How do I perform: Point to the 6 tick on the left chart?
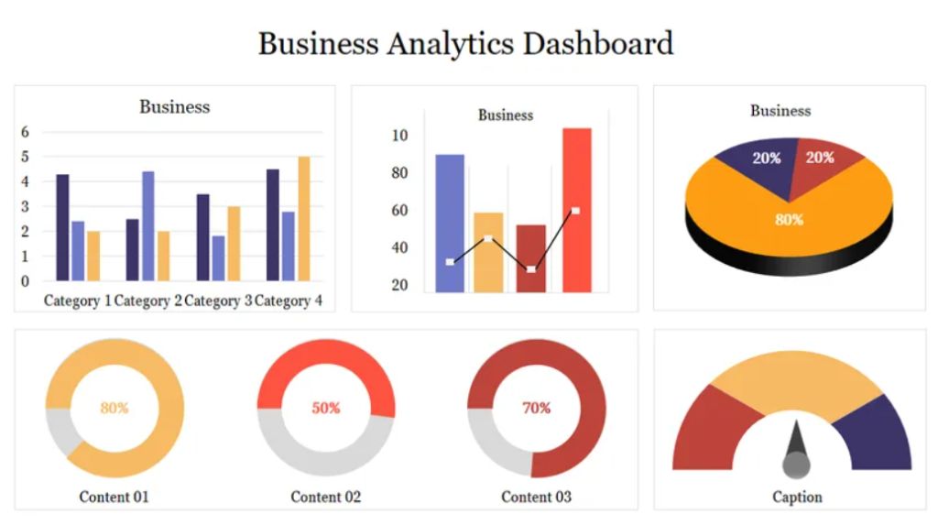25,132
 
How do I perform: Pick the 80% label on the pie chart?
789,220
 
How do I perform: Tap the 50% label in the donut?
326,408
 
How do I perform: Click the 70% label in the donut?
537,408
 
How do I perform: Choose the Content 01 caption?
114,497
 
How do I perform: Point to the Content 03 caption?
536,497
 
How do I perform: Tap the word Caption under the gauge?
797,497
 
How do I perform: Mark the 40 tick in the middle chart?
399,247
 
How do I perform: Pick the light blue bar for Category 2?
147,225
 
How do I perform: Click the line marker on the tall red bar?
575,211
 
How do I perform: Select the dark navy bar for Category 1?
62,227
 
